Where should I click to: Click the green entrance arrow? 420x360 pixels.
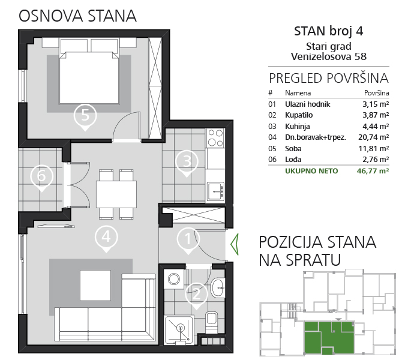(x=235, y=245)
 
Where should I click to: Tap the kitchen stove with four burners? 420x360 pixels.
(x=215, y=137)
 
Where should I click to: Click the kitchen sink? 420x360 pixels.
(x=215, y=191)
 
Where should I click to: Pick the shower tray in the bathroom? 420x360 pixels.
(x=179, y=330)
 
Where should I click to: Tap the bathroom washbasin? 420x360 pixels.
(x=218, y=287)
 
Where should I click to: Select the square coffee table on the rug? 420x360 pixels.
(x=95, y=285)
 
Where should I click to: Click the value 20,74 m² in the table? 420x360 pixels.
(x=374, y=137)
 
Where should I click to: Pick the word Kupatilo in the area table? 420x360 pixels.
(x=299, y=115)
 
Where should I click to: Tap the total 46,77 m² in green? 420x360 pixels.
(x=373, y=171)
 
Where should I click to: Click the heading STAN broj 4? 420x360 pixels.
(x=329, y=31)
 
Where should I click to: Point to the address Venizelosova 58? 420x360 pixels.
(x=329, y=56)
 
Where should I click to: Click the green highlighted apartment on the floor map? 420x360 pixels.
(x=329, y=337)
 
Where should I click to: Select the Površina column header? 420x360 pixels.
(x=377, y=93)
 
